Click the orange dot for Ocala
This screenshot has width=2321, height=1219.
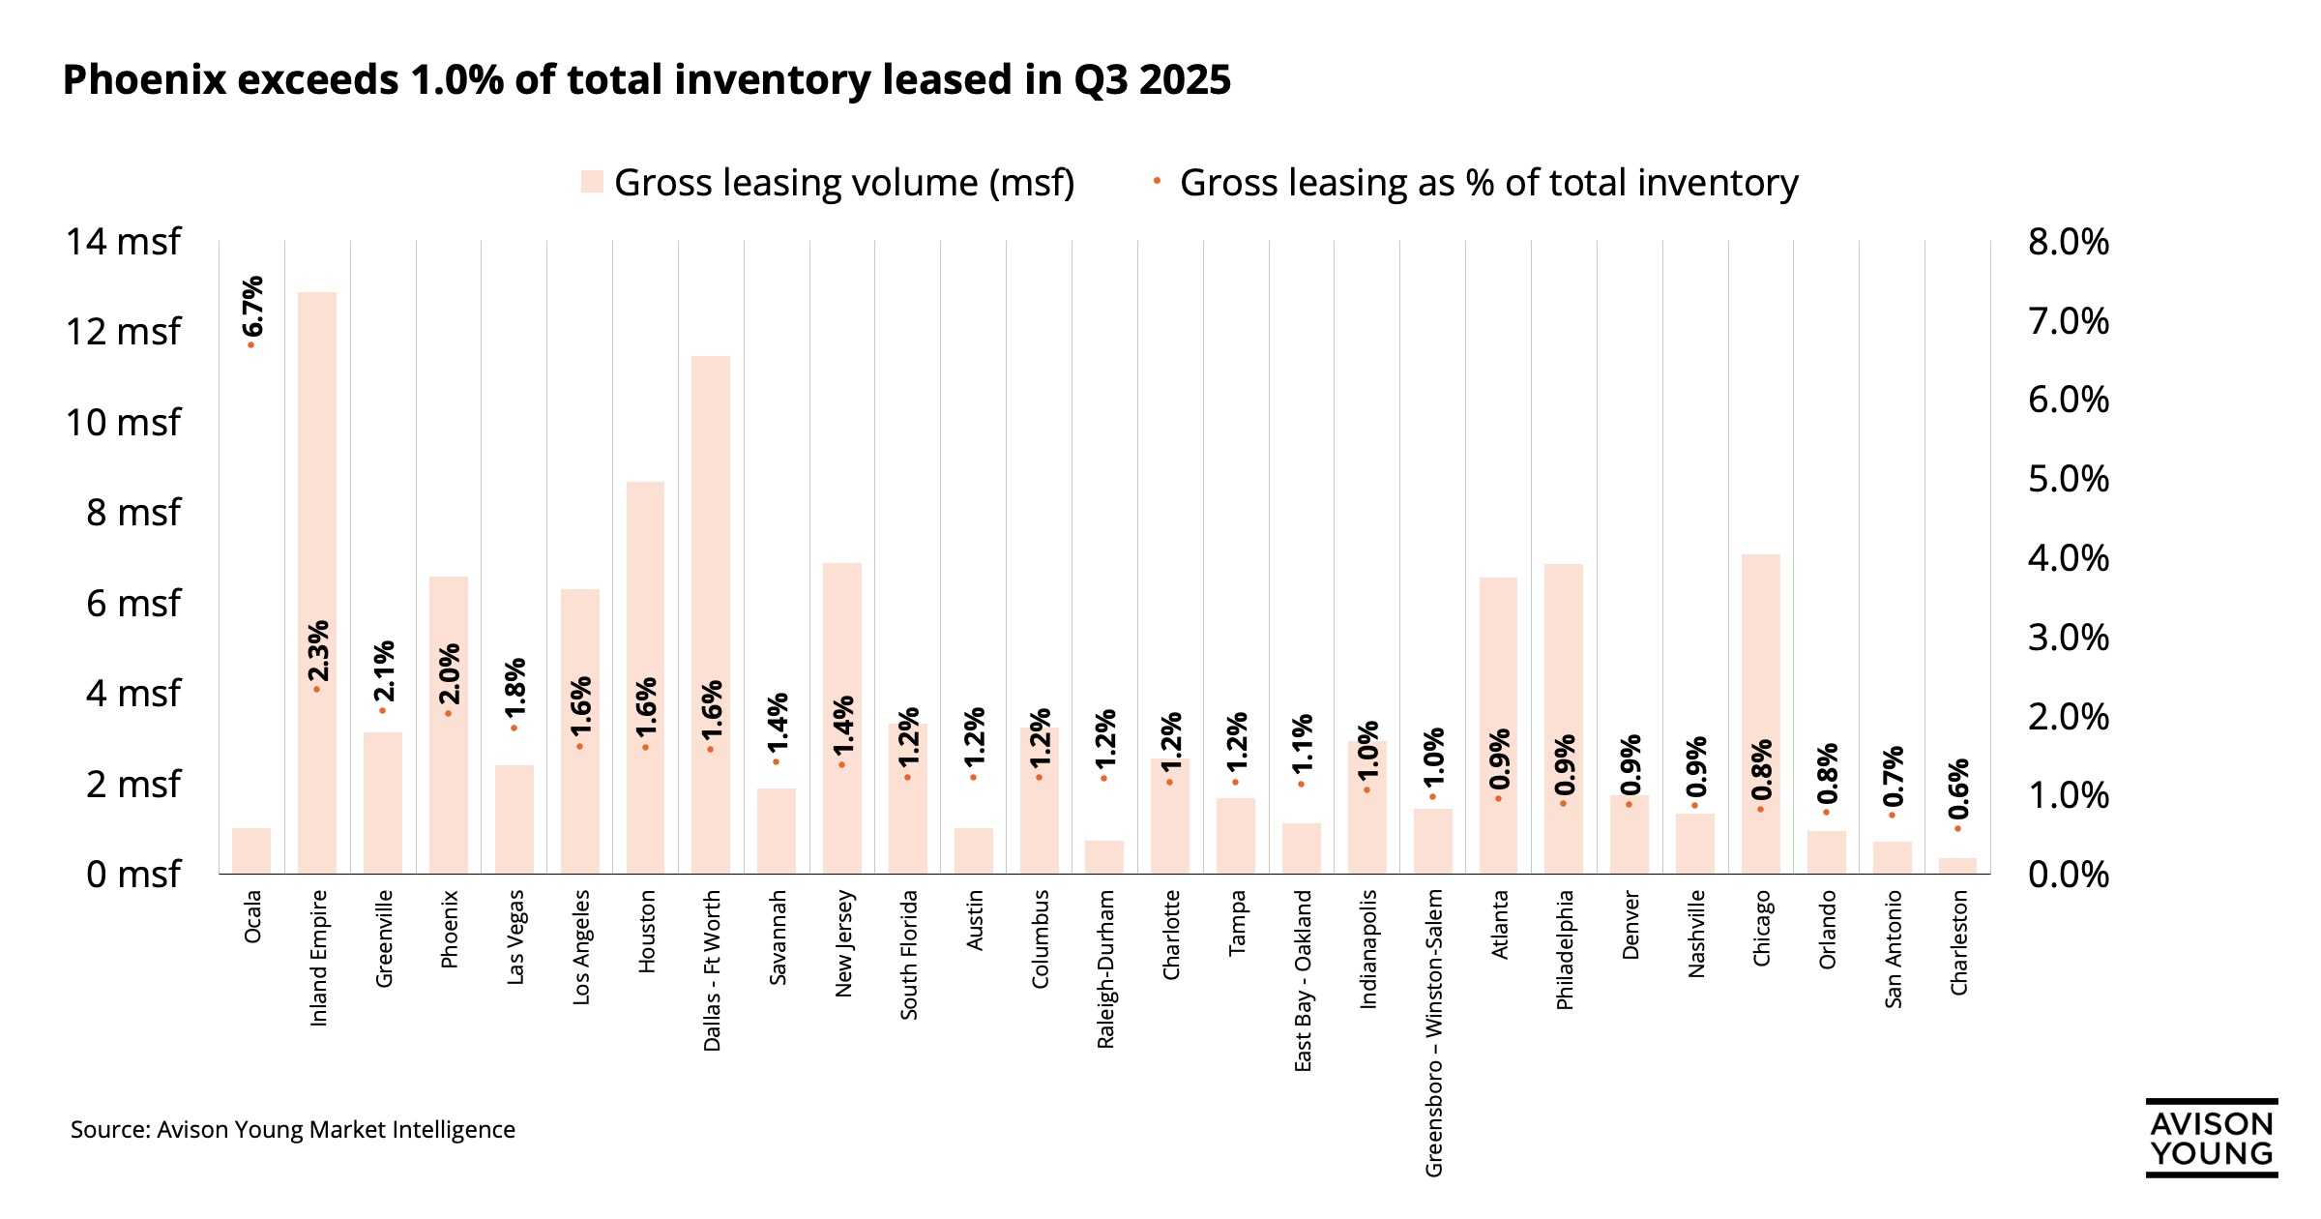pyautogui.click(x=250, y=344)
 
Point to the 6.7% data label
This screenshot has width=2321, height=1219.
pyautogui.click(x=251, y=306)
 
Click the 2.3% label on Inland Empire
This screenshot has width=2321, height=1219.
pyautogui.click(x=317, y=651)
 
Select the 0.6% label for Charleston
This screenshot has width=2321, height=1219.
pyautogui.click(x=1958, y=789)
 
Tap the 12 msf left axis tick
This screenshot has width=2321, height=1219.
pyautogui.click(x=123, y=332)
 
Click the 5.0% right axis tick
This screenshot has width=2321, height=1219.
pyautogui.click(x=2068, y=479)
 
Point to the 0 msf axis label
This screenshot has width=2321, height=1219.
pyautogui.click(x=132, y=875)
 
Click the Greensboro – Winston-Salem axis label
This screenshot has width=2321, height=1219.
pyautogui.click(x=1434, y=1033)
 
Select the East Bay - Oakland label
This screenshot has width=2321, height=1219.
pyautogui.click(x=1303, y=981)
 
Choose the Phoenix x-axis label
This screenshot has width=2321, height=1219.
pyautogui.click(x=449, y=930)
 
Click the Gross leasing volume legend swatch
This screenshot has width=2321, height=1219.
pyautogui.click(x=592, y=182)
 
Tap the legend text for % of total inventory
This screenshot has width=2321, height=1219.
pyautogui.click(x=1488, y=183)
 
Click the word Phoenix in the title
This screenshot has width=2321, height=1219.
pyautogui.click(x=144, y=79)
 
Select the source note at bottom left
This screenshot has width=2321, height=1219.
pyautogui.click(x=292, y=1130)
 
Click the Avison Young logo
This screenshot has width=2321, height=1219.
pyautogui.click(x=2211, y=1139)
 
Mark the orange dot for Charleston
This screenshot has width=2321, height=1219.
pyautogui.click(x=1957, y=828)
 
